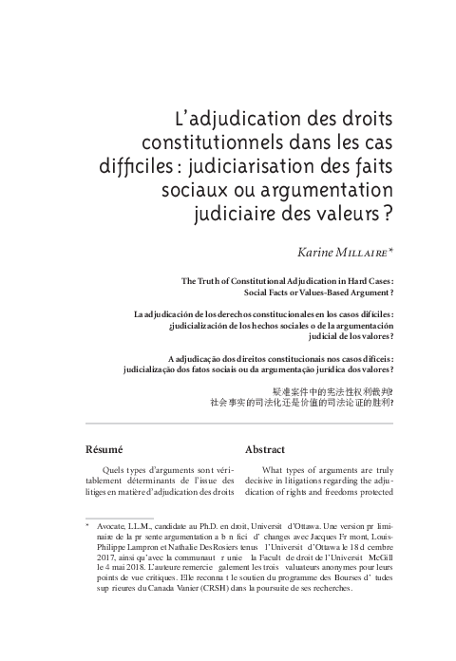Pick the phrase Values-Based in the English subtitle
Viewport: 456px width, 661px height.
pyautogui.click(x=320, y=293)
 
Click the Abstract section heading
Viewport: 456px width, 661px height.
pyautogui.click(x=265, y=448)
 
